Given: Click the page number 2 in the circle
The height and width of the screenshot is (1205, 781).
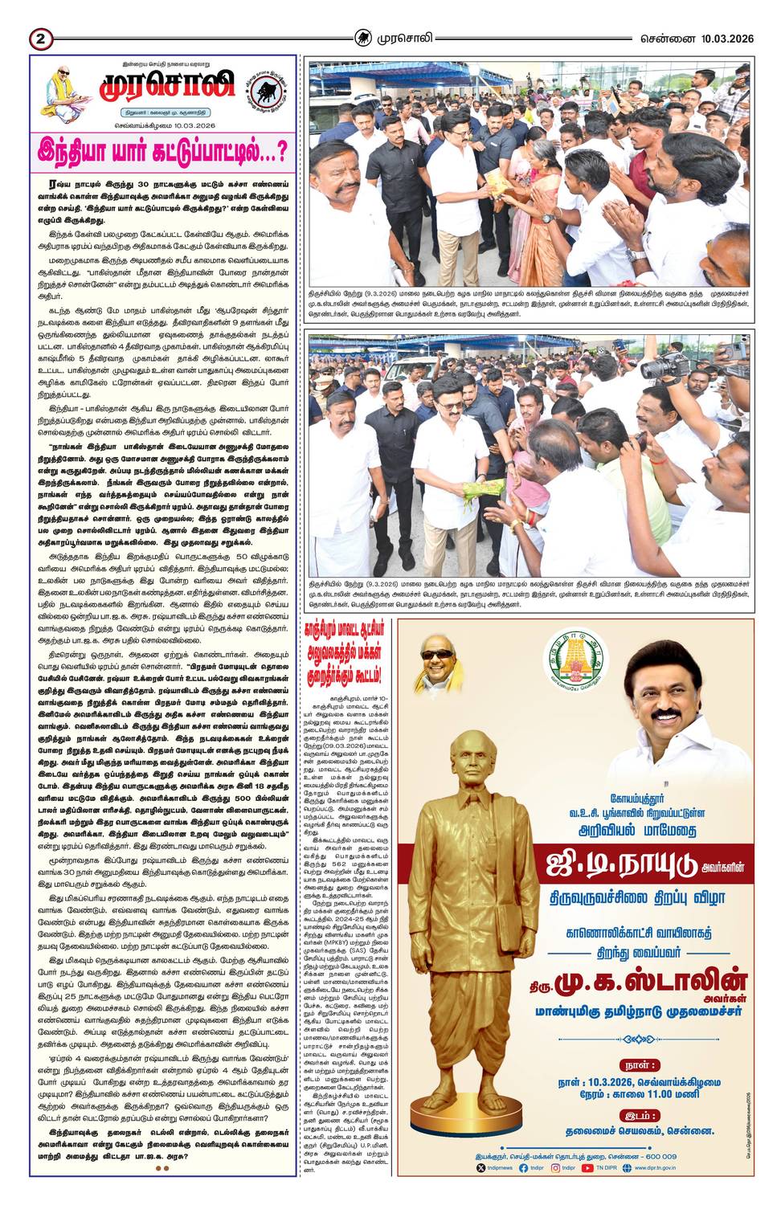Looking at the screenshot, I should click(x=40, y=39).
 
